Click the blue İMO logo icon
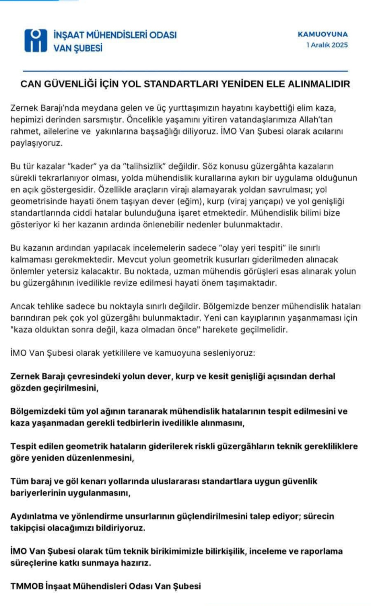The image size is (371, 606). click(x=35, y=40)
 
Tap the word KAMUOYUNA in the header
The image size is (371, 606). click(x=323, y=34)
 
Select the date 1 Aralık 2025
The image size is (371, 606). click(x=327, y=45)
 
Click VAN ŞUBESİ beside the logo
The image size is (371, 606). click(x=78, y=48)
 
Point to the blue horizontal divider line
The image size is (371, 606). click(x=185, y=71)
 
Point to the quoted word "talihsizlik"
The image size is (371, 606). click(x=145, y=166)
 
